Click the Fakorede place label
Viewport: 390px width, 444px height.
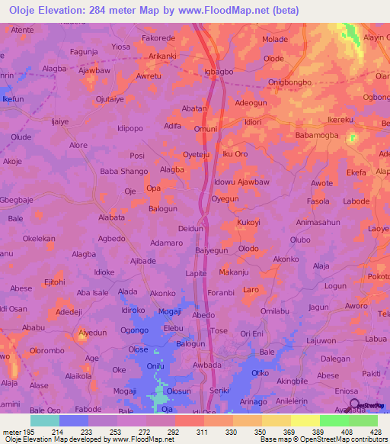[x=158, y=38]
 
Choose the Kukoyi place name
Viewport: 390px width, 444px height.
[x=248, y=223]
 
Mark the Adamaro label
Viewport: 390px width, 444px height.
[x=167, y=243]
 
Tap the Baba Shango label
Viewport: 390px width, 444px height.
[x=124, y=172]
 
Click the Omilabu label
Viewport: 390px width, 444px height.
[x=274, y=310]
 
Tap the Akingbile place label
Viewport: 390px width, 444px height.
[x=296, y=381]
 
